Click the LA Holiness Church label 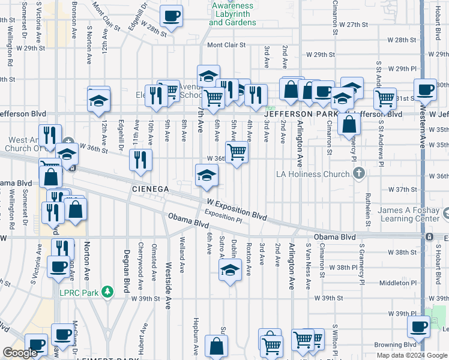tap(318, 174)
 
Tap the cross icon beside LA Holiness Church tap(358, 174)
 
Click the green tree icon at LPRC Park tap(107, 292)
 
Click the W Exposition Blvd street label tap(237, 210)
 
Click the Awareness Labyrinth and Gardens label tap(232, 14)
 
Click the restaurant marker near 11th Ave tap(141, 159)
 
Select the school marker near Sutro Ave tap(229, 271)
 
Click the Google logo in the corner tap(20, 353)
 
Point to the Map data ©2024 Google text tap(411, 355)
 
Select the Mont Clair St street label tap(227, 45)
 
